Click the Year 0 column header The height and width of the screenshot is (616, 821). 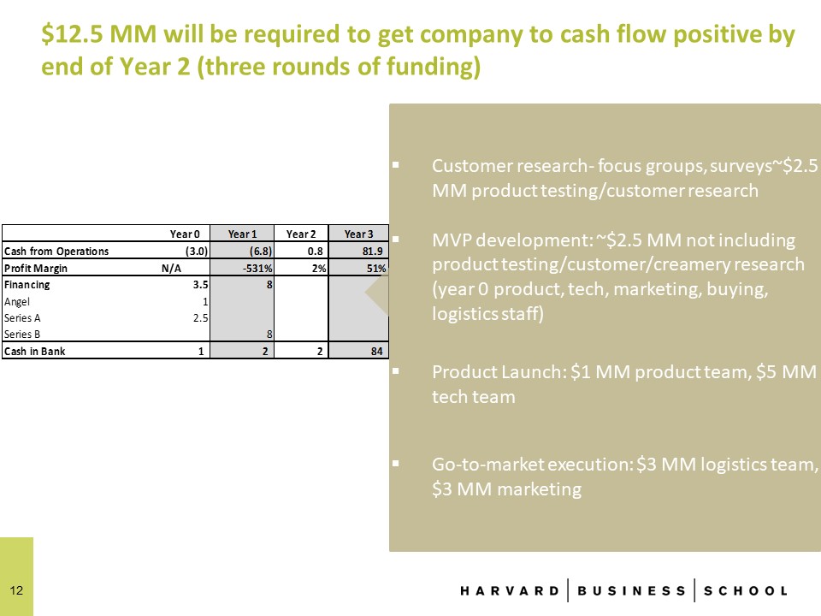(x=185, y=234)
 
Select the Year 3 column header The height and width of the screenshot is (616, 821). (x=358, y=234)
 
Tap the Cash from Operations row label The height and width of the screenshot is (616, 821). (x=56, y=252)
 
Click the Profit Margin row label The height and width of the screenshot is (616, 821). (x=36, y=268)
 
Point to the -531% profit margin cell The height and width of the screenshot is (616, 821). (x=257, y=268)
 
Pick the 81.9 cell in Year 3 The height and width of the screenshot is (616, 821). (x=372, y=252)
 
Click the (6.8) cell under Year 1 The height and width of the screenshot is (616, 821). (x=261, y=252)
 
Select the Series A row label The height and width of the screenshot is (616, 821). (x=22, y=318)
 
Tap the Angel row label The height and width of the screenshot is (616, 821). (x=17, y=302)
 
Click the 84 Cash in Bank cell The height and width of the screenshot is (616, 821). (x=377, y=352)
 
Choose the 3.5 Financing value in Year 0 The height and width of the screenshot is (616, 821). (x=200, y=284)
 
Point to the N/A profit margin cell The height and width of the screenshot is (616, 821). (x=171, y=268)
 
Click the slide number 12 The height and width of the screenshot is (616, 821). (x=16, y=590)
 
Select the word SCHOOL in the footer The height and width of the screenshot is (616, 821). (x=746, y=591)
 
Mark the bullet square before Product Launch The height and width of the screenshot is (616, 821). (x=395, y=371)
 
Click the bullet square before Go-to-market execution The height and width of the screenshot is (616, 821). (x=395, y=464)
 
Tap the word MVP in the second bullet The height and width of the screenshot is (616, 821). (x=452, y=240)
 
